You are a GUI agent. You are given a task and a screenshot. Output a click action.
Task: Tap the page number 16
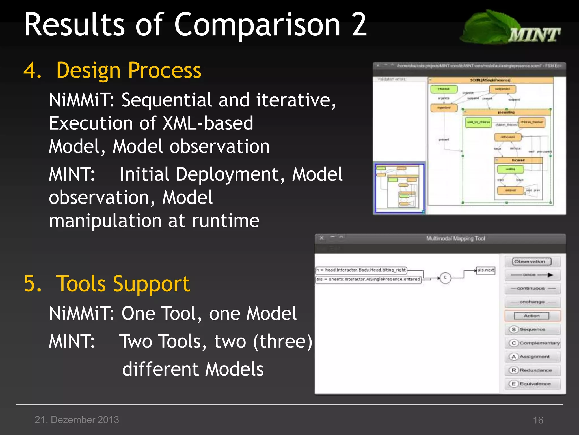[538, 420]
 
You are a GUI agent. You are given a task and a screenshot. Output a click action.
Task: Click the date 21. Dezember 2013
[77, 419]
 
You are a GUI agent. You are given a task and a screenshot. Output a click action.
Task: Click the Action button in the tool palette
[532, 316]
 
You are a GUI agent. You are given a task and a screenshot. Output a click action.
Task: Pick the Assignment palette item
[532, 357]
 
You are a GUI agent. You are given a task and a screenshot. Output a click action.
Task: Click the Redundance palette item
[532, 370]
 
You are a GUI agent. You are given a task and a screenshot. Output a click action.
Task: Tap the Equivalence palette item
[532, 384]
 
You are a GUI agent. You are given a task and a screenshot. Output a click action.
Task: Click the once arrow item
[532, 275]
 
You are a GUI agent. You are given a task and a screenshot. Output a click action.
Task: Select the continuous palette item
[532, 288]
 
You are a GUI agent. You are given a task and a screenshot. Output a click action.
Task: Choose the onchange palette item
[532, 302]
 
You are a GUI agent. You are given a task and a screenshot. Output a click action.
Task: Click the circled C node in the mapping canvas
[445, 278]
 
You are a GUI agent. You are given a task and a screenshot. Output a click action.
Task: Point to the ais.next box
[486, 270]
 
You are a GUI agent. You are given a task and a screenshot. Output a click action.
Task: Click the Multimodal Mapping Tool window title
[455, 238]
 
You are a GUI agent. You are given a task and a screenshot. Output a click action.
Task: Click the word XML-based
[208, 123]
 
